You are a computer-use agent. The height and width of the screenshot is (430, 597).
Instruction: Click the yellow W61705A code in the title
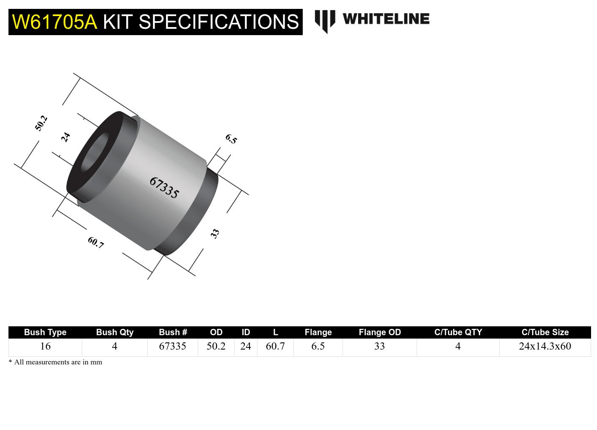pos(54,22)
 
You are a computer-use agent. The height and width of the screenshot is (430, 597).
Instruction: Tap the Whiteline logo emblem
pos(325,21)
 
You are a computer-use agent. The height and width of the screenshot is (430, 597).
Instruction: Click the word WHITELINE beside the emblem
pos(386,19)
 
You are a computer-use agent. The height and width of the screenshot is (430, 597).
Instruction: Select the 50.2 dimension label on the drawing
pos(41,123)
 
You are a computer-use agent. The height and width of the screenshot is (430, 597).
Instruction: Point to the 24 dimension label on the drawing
pos(65,137)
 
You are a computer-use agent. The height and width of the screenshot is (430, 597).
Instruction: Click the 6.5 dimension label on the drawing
pos(231,139)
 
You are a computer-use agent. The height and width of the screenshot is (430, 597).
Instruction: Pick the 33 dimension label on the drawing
pos(215,234)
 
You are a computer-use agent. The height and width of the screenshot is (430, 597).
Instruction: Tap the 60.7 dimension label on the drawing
pos(96,243)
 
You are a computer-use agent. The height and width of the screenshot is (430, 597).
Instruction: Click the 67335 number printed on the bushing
pos(164,187)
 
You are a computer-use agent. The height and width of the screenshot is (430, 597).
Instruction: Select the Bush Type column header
pos(45,332)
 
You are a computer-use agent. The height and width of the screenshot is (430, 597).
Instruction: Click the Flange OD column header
pos(380,332)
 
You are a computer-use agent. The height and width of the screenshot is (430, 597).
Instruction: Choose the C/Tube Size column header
pos(545,332)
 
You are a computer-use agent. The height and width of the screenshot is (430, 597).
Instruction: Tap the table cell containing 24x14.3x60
pos(545,346)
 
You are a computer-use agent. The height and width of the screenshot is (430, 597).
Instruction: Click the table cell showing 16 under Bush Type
pos(45,346)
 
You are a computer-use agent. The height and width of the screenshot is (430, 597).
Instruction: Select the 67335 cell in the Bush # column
pos(173,346)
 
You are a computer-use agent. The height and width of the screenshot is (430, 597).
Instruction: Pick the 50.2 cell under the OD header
pos(216,346)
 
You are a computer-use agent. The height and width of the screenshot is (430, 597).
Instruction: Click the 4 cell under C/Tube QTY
pos(458,346)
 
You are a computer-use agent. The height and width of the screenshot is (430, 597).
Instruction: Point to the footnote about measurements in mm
pos(55,362)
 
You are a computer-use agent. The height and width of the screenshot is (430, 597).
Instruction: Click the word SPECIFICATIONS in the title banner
pos(218,22)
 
